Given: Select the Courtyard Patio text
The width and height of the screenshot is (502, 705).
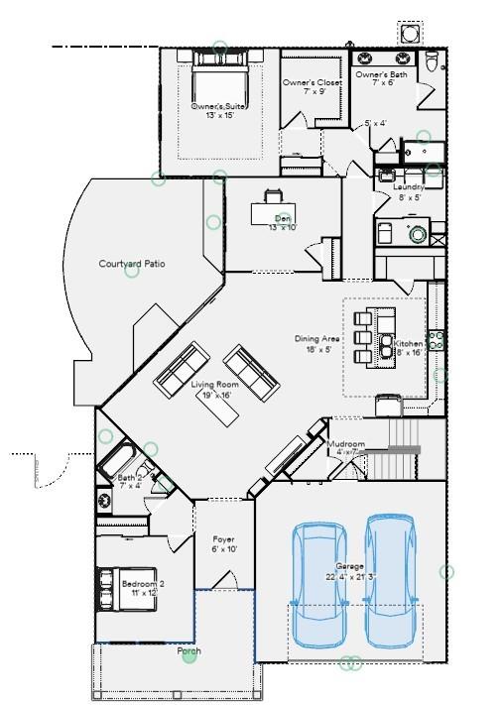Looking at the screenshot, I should tap(131, 264).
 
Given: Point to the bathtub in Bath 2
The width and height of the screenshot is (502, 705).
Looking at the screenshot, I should tap(120, 461).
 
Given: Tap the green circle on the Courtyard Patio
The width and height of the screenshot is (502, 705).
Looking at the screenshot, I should tap(131, 272).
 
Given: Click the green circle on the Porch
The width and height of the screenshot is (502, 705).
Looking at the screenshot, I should tap(188, 656).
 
